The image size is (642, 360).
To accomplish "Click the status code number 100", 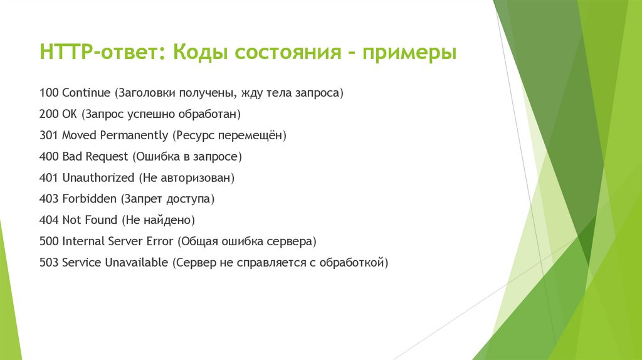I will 48,93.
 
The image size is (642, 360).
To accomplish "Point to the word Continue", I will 86,93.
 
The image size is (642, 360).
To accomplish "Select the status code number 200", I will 48,114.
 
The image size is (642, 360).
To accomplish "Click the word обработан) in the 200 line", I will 214,114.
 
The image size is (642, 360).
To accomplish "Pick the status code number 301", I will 48,135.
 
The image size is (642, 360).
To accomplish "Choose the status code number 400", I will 48,157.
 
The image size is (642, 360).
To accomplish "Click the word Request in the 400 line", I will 107,157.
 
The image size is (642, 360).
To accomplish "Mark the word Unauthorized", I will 98,178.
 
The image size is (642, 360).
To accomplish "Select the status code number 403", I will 48,199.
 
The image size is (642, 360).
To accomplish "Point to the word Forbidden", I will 90,199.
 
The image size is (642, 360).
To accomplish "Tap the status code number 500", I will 48,241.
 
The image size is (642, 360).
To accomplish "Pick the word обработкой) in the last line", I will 354,263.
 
